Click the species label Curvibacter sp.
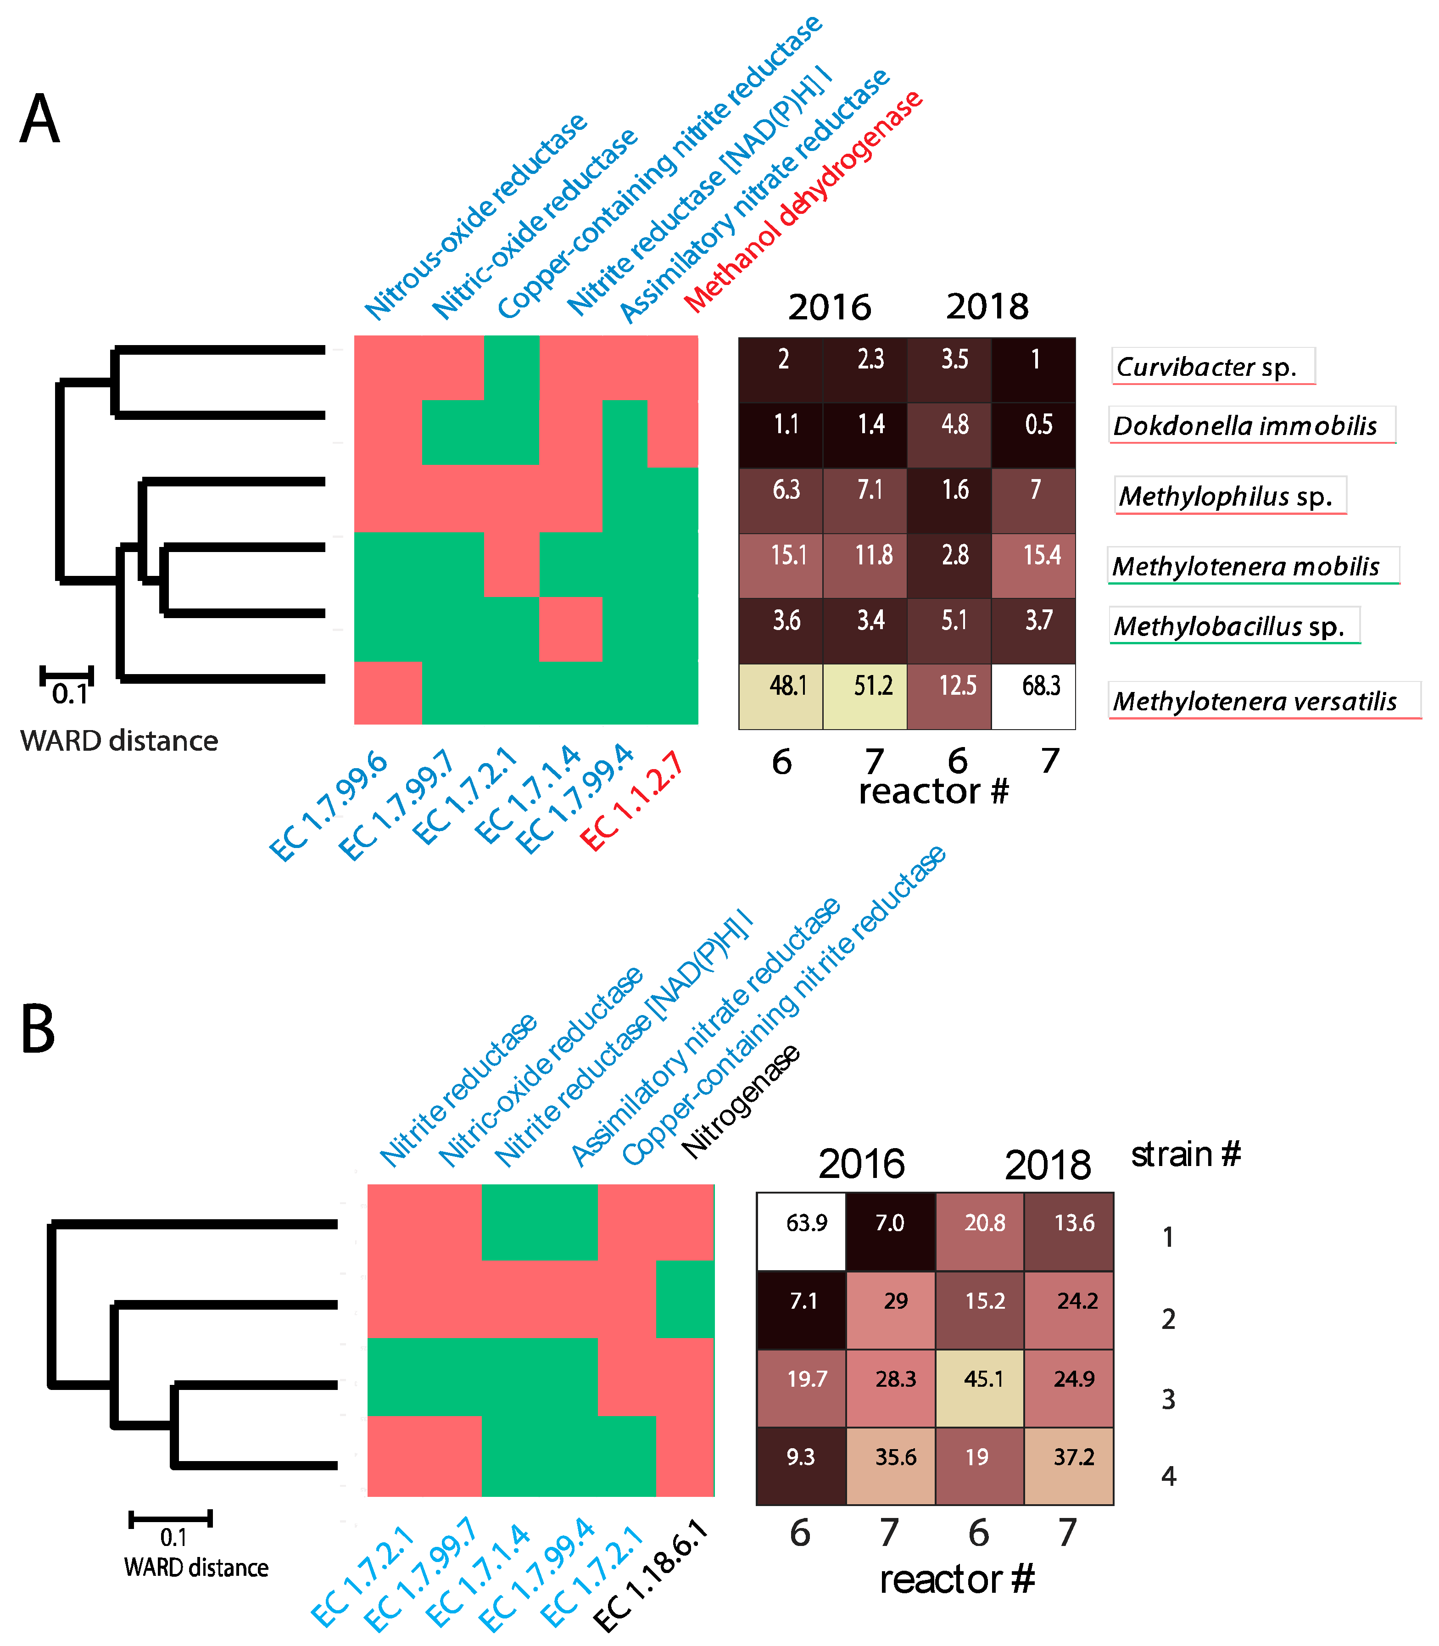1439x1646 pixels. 1212,367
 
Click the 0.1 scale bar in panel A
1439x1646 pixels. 67,675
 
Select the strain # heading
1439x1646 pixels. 1185,1155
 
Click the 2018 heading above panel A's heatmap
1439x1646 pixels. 987,307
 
